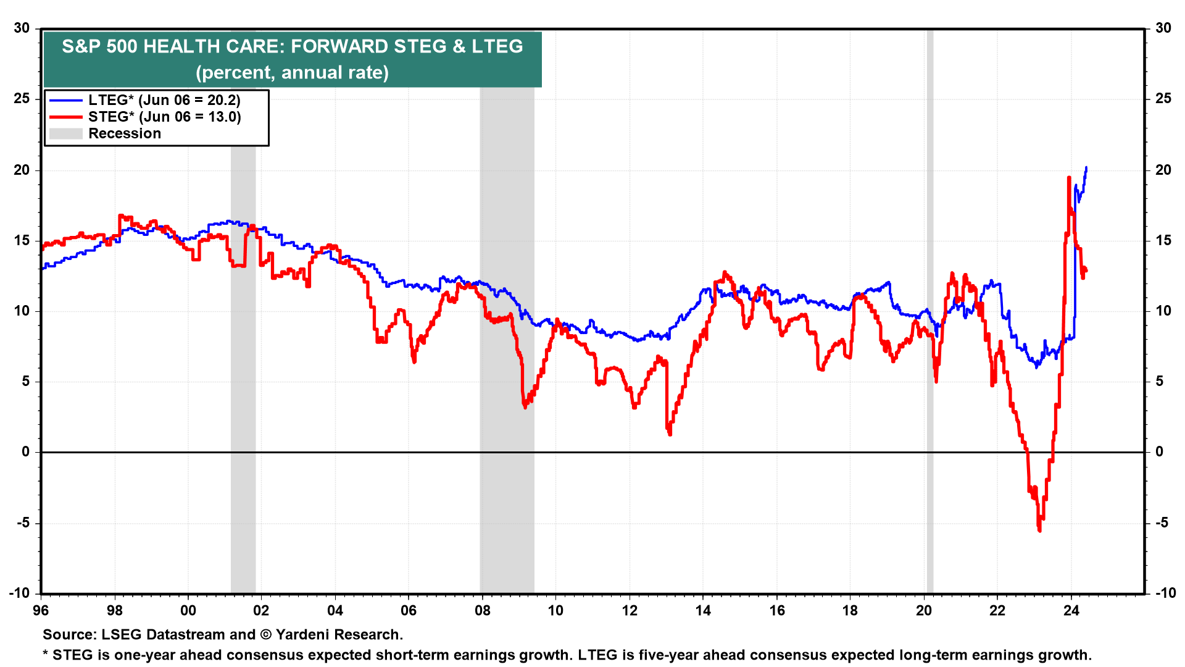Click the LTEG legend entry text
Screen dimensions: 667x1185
click(164, 100)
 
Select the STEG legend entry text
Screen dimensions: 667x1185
click(164, 117)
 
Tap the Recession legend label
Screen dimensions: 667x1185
click(125, 133)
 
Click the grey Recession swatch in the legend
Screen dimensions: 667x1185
click(65, 133)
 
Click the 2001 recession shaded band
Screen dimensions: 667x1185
click(243, 371)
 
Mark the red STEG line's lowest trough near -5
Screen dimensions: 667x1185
click(1039, 530)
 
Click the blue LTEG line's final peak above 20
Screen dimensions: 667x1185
click(1086, 167)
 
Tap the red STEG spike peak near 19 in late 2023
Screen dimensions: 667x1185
click(1068, 178)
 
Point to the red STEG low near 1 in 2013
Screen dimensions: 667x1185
click(670, 434)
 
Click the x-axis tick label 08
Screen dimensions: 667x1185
click(482, 611)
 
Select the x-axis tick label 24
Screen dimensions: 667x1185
click(1071, 611)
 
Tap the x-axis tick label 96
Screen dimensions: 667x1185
click(41, 611)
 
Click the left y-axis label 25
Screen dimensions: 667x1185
click(22, 99)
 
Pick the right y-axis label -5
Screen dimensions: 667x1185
click(1162, 523)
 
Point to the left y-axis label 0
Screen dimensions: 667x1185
click(26, 452)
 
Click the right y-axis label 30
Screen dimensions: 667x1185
click(1163, 28)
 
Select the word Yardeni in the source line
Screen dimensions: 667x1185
click(305, 635)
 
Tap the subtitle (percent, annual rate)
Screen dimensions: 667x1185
click(292, 73)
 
